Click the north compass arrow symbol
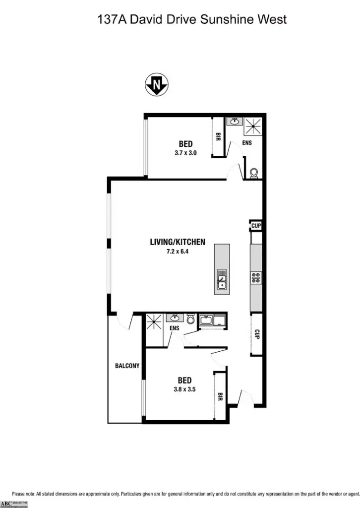pos(157,85)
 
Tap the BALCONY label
pos(127,366)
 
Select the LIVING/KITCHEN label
pos(178,242)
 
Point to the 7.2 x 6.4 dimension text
pos(178,252)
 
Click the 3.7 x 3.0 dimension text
pos(186,153)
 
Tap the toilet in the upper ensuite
pos(254,173)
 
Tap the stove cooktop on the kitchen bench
pos(256,278)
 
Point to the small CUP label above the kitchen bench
pos(256,226)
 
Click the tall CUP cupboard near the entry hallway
pos(257,335)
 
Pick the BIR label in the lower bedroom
pos(220,396)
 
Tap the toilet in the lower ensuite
pos(191,319)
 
